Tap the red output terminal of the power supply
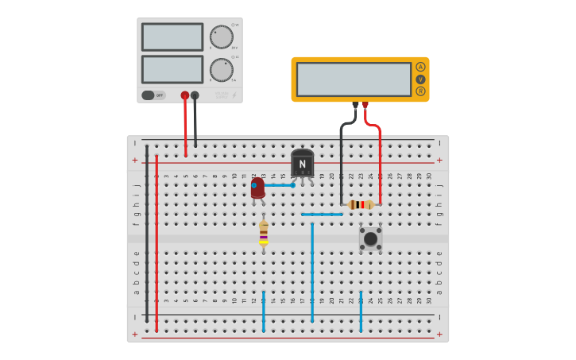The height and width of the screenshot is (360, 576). [185, 95]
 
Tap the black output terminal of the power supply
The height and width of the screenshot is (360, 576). [195, 95]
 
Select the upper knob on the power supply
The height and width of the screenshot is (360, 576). [222, 37]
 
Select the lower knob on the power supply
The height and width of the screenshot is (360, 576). [222, 70]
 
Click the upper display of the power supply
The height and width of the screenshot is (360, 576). [172, 37]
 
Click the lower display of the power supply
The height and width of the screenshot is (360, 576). [172, 69]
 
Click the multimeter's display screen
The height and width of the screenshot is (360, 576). [354, 79]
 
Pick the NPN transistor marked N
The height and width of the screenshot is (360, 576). [302, 163]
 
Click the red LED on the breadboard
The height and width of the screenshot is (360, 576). [257, 188]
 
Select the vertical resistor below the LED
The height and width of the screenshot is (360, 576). [264, 234]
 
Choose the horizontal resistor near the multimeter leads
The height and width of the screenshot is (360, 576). [361, 204]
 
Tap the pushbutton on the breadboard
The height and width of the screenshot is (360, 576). [370, 238]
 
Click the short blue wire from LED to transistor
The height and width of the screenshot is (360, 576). [279, 185]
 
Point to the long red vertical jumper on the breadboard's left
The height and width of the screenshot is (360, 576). [157, 242]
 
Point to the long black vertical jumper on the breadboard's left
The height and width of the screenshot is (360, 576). [147, 234]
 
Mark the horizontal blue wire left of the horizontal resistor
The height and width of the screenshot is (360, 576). [322, 214]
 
